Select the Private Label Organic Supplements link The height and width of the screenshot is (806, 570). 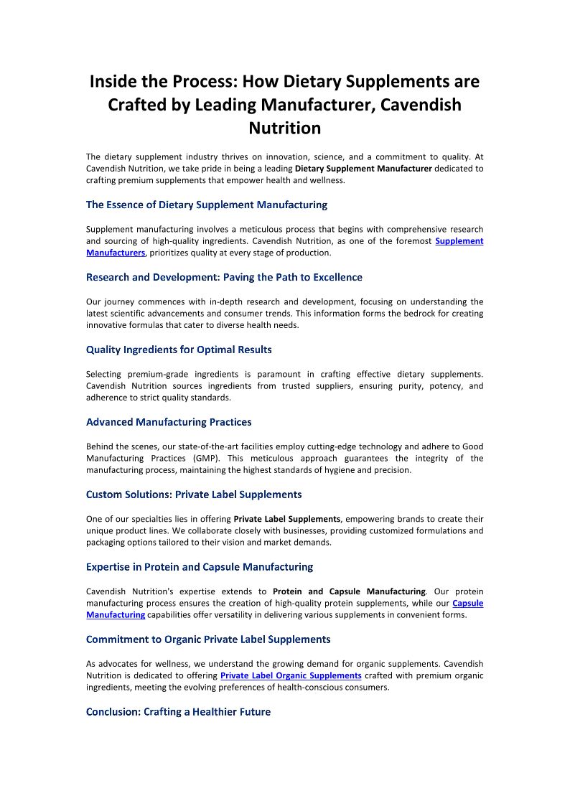coord(291,675)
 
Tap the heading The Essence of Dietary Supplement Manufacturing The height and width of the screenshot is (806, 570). coord(207,205)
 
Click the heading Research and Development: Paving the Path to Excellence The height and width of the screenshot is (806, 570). coord(224,277)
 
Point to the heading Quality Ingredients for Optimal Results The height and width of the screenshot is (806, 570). coord(179,350)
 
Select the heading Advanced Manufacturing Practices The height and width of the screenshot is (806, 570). coord(169,422)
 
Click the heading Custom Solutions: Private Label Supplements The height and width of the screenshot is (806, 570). coord(194,495)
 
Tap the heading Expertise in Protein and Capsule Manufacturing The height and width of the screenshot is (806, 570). coord(200,567)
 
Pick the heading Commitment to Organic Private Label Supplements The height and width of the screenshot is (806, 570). coord(208,639)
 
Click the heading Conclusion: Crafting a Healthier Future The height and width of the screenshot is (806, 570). coord(178,712)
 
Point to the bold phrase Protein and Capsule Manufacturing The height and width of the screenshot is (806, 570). coord(349,591)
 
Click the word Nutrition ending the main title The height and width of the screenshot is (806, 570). coord(284,128)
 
